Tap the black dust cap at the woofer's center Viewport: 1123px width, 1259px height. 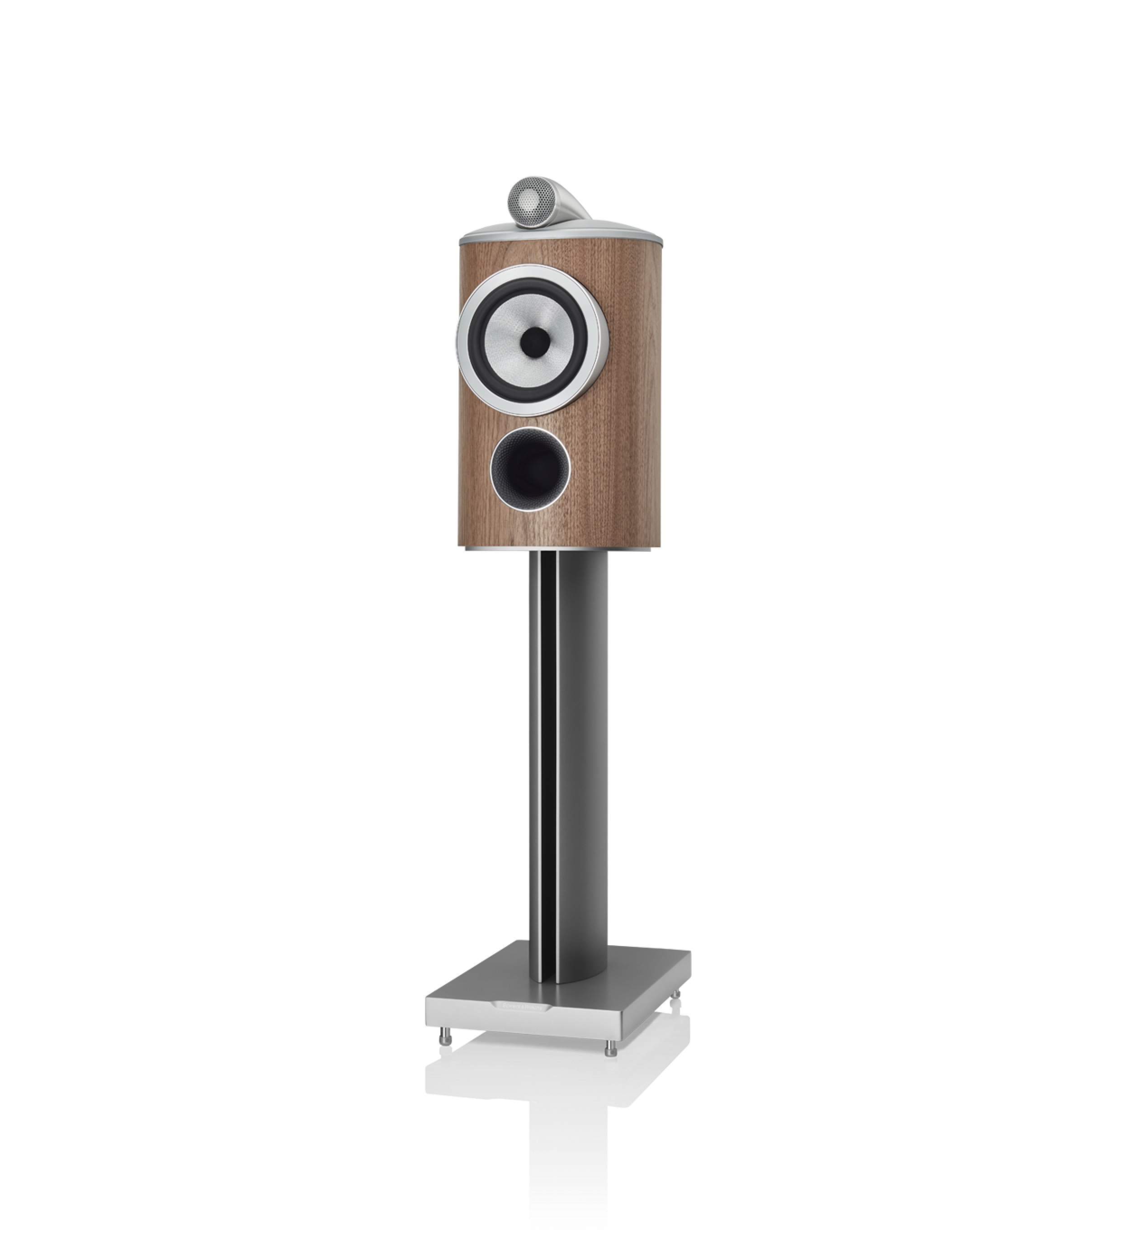[x=534, y=341]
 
